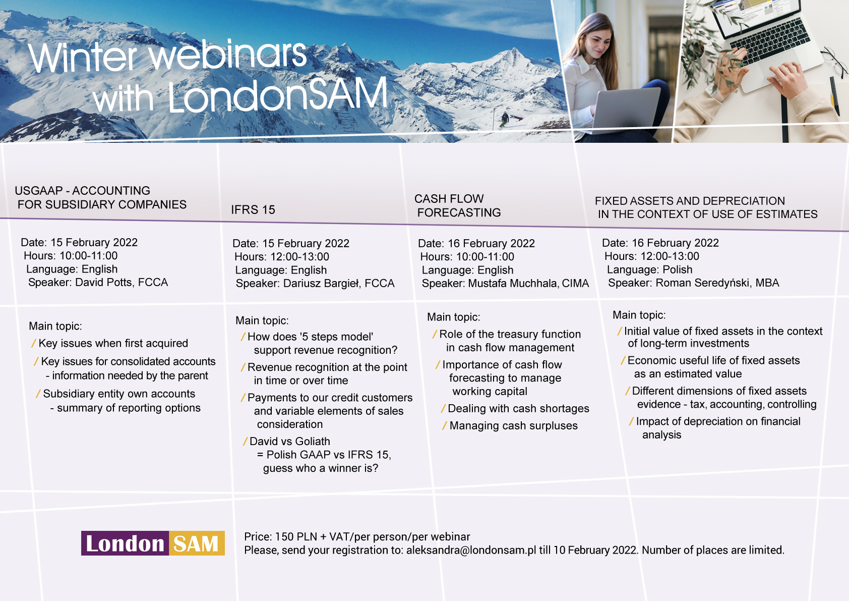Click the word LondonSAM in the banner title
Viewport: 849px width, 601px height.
coord(277,94)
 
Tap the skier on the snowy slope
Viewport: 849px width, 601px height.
coord(504,119)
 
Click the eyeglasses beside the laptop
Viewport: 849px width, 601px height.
coord(834,61)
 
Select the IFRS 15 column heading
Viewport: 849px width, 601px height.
coord(253,209)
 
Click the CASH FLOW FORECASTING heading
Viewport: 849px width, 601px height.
coord(457,206)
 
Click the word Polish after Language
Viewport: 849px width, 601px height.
coord(678,269)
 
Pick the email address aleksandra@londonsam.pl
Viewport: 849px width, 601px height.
coord(471,550)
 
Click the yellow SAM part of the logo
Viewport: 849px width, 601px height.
coord(197,543)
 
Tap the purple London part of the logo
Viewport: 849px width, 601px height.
coord(125,543)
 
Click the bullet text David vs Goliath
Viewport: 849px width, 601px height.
coord(289,441)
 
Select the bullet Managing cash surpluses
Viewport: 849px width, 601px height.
coord(514,426)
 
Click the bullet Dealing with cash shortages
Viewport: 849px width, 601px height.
coord(518,408)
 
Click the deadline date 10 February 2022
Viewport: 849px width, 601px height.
coord(595,550)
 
